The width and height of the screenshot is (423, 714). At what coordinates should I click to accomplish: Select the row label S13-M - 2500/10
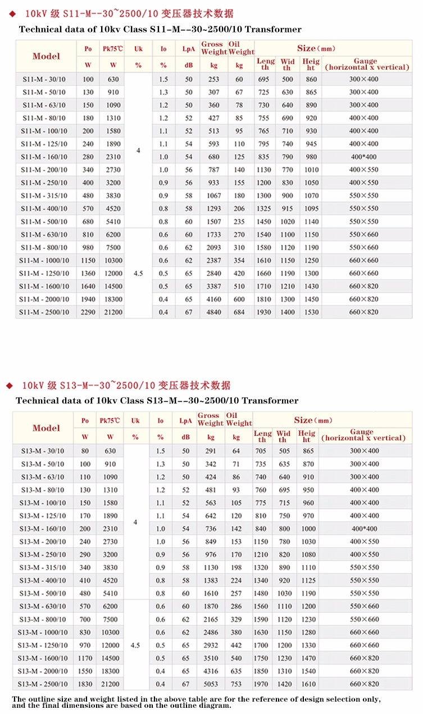click(x=43, y=684)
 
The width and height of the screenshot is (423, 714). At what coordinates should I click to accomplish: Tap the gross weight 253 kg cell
click(x=213, y=79)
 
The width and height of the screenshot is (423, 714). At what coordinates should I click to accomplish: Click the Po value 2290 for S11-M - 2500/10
click(x=88, y=312)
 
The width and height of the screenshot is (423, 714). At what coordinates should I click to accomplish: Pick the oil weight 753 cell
click(x=236, y=684)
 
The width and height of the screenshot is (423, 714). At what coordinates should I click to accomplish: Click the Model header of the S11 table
click(x=46, y=56)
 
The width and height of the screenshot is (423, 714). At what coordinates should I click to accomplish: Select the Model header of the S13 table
click(x=46, y=428)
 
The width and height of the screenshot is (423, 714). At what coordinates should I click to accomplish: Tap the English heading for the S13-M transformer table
click(x=157, y=401)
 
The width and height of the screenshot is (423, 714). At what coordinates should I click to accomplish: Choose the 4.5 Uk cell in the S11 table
click(x=138, y=273)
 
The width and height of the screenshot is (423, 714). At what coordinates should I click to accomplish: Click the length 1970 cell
click(x=262, y=684)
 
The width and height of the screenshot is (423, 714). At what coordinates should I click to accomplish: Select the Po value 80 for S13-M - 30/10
click(x=85, y=451)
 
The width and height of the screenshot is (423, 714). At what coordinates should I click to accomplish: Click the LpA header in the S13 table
click(x=185, y=420)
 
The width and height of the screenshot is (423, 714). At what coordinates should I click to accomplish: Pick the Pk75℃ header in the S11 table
click(x=113, y=49)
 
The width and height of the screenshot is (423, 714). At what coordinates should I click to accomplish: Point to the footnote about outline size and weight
click(x=196, y=702)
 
